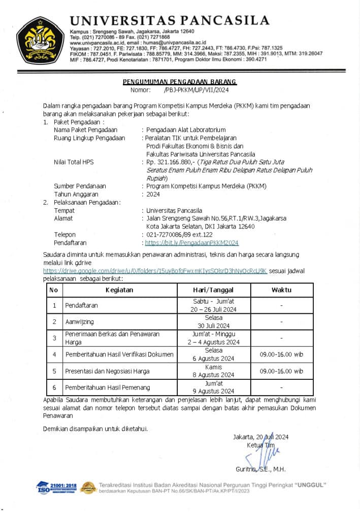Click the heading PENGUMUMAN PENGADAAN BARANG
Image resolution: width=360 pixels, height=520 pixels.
(179, 82)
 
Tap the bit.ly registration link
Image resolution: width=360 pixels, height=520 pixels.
(191, 243)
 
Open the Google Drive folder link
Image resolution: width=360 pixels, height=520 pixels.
(155, 271)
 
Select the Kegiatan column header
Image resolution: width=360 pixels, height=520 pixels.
(119, 290)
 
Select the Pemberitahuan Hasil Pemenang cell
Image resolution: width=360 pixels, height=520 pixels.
(107, 387)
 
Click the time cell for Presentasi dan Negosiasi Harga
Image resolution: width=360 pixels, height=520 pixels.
(281, 371)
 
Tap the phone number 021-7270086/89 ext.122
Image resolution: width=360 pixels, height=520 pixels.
(179, 235)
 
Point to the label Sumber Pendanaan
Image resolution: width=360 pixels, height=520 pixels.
(80, 186)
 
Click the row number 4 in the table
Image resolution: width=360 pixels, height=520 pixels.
(54, 354)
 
